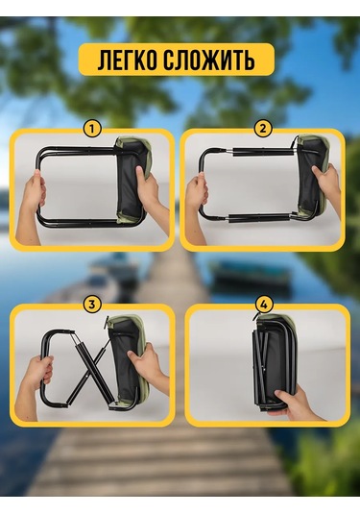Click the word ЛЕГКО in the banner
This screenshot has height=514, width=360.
[x=127, y=60]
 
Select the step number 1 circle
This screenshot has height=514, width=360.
[x=92, y=129]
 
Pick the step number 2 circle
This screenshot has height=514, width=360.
[x=263, y=129]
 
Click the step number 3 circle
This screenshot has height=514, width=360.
[x=92, y=305]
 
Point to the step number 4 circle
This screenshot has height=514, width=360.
[x=264, y=305]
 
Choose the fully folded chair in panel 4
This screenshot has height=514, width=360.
[x=275, y=363]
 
